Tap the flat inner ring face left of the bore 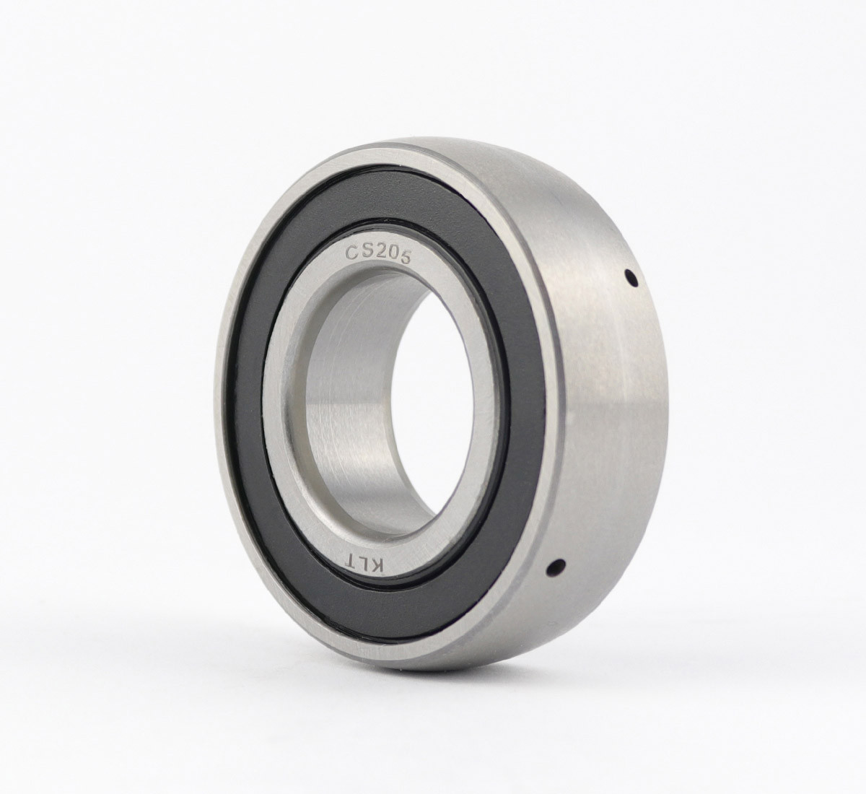coord(285,419)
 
